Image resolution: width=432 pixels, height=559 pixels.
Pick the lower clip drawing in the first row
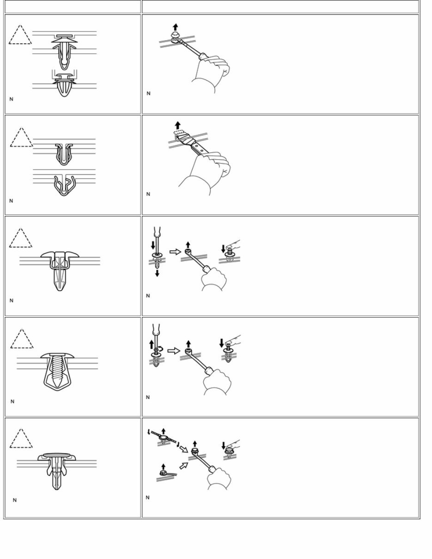64,84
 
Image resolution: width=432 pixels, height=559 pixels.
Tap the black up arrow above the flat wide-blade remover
177,125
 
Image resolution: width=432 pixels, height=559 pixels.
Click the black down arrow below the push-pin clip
157,273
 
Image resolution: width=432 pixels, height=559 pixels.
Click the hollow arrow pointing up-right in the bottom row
183,466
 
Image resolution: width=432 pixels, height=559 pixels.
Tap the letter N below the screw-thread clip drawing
12,401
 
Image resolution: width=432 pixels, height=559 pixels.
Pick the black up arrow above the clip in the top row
175,26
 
